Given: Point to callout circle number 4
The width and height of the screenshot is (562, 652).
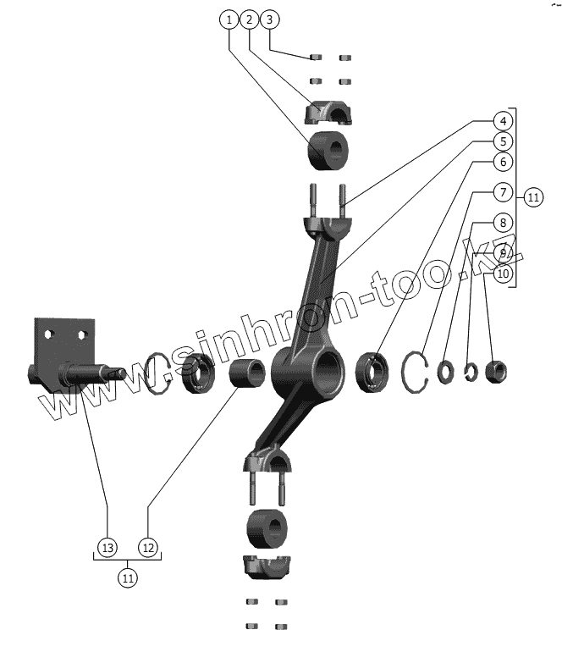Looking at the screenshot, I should pos(502,121).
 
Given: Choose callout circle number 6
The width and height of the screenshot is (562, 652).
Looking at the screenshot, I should pos(502,162).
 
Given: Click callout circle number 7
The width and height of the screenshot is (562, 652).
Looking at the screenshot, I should pos(502,191).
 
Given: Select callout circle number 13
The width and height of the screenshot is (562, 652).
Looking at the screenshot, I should pos(107,548).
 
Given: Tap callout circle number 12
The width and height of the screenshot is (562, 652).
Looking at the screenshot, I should pos(148,548).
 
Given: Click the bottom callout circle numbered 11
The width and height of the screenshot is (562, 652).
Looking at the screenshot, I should pos(128,579).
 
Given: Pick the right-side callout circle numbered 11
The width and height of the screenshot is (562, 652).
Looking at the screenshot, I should pos(532,197).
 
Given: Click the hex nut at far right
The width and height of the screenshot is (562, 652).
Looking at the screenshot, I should pos(497,370).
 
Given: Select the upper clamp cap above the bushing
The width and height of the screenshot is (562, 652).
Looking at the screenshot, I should pos(329,112).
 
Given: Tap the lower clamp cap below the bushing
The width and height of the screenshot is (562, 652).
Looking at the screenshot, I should pos(268,566).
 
